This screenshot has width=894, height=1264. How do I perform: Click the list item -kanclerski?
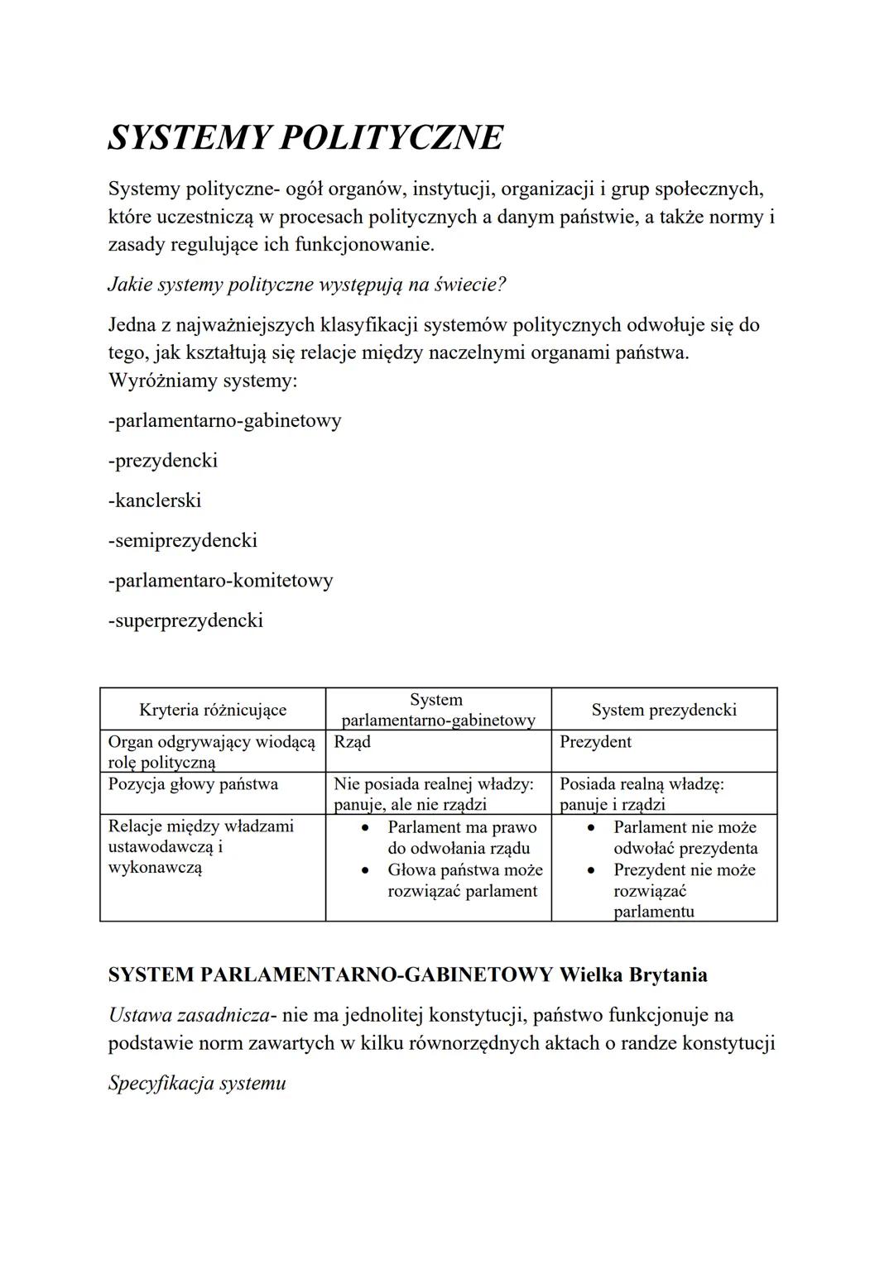155,500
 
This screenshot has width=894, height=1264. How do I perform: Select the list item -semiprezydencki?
183,540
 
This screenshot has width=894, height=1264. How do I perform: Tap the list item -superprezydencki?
185,620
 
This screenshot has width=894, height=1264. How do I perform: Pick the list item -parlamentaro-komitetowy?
221,580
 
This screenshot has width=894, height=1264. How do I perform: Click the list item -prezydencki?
163,460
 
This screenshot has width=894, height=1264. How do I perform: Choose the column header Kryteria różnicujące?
213,710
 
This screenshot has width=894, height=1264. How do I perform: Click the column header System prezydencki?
664,710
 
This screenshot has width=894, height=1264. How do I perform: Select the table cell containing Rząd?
352,742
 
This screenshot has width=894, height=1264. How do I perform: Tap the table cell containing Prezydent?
595,742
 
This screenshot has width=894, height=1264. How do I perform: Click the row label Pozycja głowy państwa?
193,783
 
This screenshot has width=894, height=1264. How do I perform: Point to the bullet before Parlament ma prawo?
364,827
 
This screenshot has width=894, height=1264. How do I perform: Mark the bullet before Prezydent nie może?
591,870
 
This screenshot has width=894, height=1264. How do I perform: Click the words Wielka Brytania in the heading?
633,974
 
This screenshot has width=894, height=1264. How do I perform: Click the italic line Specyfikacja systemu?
197,1083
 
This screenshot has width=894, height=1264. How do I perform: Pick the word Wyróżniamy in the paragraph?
159,381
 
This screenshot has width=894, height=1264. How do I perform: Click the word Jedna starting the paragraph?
132,325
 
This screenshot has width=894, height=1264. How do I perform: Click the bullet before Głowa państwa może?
364,870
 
